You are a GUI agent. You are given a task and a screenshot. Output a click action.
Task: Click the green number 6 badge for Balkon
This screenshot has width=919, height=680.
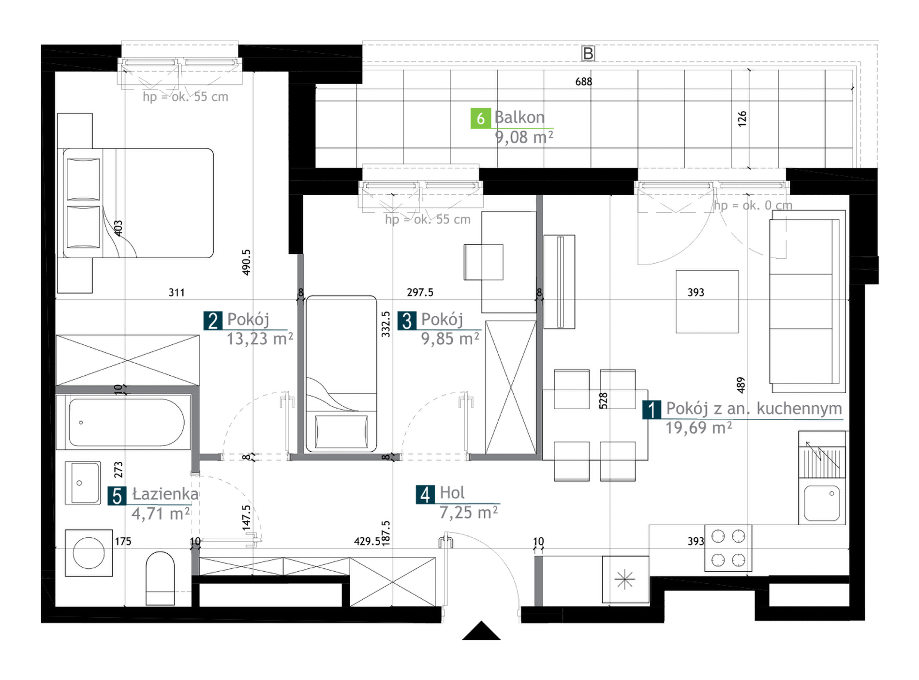(x=480, y=118)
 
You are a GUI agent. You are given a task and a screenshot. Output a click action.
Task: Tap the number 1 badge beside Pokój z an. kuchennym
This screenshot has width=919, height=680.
(x=652, y=410)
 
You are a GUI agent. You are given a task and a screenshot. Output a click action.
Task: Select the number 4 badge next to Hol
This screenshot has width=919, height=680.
(x=425, y=494)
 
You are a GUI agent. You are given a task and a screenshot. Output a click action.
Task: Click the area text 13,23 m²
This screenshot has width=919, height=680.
(x=260, y=339)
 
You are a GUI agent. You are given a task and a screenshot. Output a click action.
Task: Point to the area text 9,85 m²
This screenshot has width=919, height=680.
(x=450, y=339)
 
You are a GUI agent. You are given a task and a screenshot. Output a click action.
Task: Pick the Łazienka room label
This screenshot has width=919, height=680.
(x=165, y=494)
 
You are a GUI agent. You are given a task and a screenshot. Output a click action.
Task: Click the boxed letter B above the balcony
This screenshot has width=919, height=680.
(x=588, y=53)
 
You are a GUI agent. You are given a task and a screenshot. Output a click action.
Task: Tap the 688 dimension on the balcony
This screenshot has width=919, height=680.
(x=584, y=82)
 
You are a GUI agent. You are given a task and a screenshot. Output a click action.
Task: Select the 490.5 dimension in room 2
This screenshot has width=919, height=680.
(x=246, y=262)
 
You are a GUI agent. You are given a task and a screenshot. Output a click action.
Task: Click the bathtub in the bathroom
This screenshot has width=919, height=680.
(x=126, y=422)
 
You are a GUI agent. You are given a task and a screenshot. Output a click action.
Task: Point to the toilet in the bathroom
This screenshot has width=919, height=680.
(x=160, y=578)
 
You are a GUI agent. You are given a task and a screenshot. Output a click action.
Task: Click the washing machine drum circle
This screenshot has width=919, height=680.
(x=89, y=553)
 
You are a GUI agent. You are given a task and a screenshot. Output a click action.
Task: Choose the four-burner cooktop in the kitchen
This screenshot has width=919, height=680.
(x=728, y=548)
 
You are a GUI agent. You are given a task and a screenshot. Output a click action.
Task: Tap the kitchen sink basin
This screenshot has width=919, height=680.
(x=822, y=503)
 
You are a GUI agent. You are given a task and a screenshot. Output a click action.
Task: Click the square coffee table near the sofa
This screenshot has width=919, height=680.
(x=707, y=301)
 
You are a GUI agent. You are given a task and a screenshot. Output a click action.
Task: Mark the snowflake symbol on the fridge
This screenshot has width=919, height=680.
(x=624, y=579)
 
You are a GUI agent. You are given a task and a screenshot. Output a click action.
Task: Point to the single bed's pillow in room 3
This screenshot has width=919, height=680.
(x=341, y=431)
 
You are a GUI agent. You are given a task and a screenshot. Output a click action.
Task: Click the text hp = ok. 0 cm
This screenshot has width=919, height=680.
(x=753, y=206)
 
